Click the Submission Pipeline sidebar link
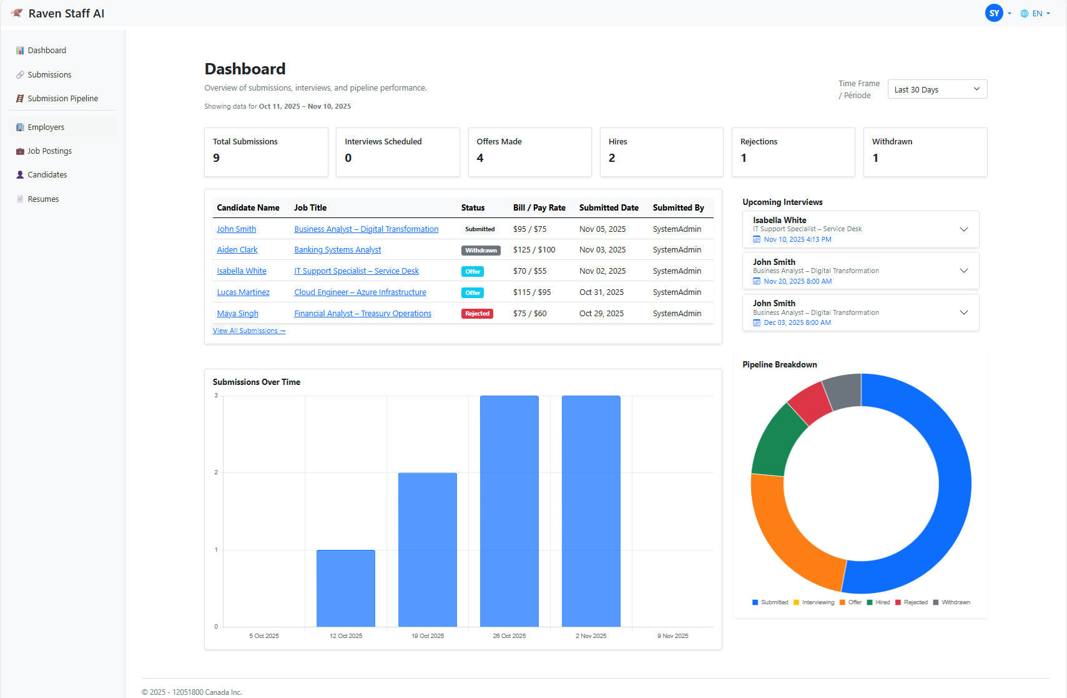pos(62,99)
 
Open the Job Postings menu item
pos(49,151)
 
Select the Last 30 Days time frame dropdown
pos(937,89)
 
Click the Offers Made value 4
pos(480,158)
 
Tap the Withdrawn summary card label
pos(892,142)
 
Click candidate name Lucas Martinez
pos(243,292)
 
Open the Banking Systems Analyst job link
pos(337,250)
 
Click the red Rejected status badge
pos(477,314)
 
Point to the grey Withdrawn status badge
pos(481,251)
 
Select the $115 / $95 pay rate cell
pos(532,292)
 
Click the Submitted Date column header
pos(608,208)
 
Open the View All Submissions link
pos(248,331)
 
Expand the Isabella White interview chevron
pos(963,229)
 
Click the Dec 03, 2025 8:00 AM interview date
pos(797,323)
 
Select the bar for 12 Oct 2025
pos(346,587)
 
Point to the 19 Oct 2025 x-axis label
pos(428,636)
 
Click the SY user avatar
pos(994,13)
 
